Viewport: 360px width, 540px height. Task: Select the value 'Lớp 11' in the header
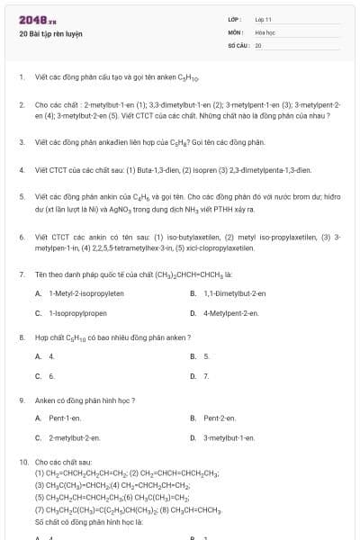click(x=263, y=19)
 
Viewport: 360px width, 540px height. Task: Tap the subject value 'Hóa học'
click(x=265, y=31)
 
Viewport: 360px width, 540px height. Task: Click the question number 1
click(x=21, y=78)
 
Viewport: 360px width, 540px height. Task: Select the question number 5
click(x=21, y=195)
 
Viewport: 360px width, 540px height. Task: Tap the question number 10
click(x=22, y=462)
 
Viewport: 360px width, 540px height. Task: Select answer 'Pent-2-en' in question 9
click(x=220, y=418)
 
